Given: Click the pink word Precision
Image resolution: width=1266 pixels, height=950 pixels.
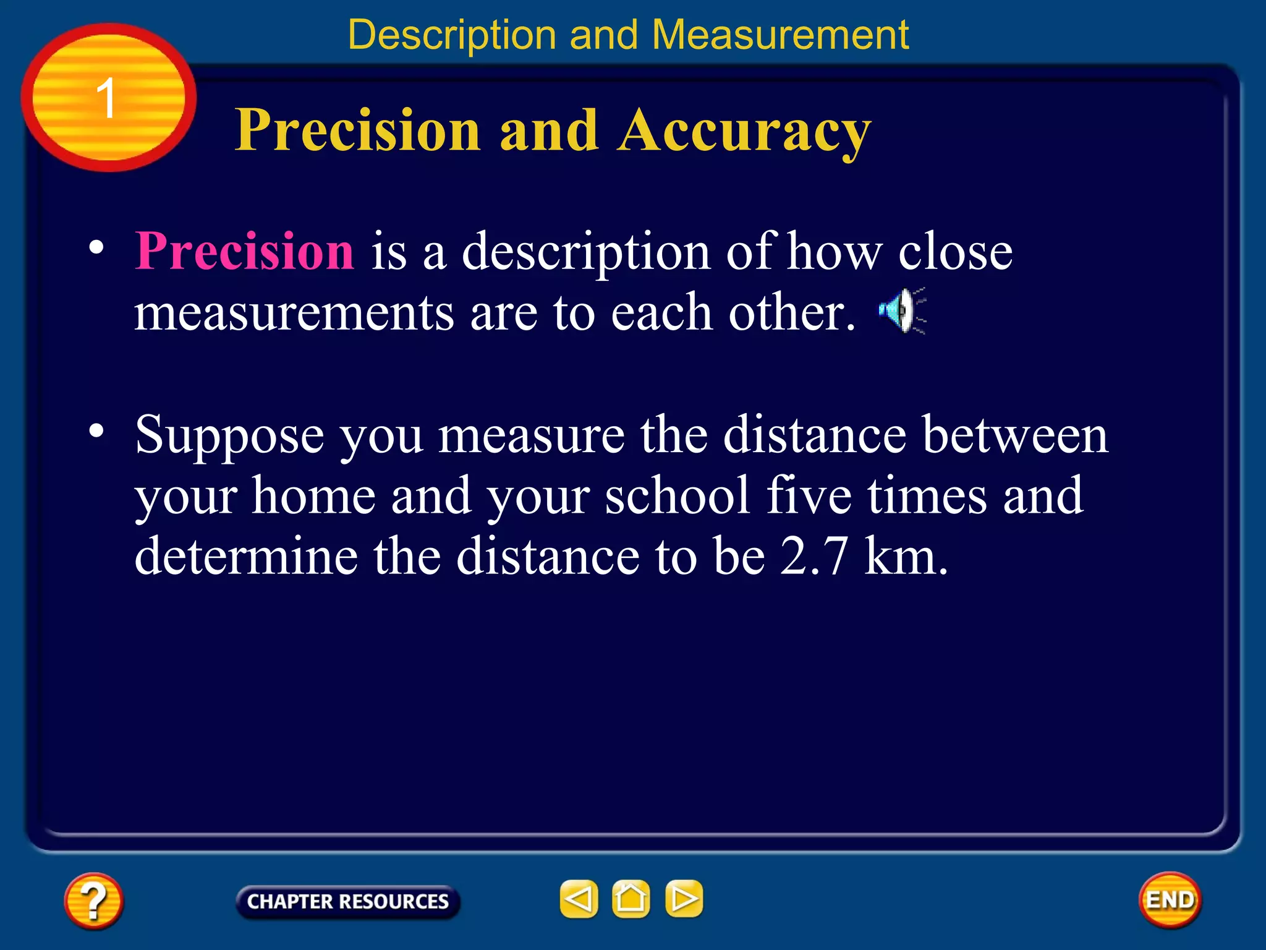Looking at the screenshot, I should click(245, 252).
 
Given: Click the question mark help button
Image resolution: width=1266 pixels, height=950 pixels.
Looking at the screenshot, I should click(93, 901).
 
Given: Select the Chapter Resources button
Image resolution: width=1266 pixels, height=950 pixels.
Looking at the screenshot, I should click(347, 901).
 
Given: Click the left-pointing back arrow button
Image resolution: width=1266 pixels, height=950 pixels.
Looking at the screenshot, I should click(579, 899).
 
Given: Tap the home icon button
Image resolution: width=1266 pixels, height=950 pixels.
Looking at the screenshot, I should click(631, 899).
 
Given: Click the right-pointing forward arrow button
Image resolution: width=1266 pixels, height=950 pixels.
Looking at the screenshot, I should click(684, 899).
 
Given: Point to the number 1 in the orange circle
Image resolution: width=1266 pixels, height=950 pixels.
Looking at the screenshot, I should click(106, 98).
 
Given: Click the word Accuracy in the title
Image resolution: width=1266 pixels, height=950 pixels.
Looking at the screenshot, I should click(744, 131).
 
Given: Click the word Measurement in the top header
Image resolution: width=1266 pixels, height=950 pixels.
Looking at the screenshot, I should click(780, 35).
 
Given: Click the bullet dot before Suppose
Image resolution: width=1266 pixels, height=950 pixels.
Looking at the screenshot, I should click(96, 430).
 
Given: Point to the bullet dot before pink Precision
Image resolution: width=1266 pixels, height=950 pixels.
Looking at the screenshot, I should click(96, 247).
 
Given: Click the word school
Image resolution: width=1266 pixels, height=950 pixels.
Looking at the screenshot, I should click(677, 496).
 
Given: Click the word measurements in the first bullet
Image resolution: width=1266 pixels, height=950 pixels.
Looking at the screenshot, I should click(294, 313).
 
